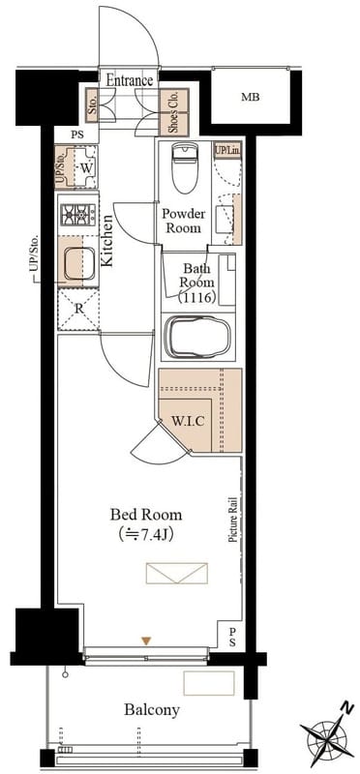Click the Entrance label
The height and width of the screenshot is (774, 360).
130,80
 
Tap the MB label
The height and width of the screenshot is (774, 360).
251,98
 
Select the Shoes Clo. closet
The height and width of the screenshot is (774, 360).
174,112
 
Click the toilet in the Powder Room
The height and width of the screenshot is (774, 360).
185,167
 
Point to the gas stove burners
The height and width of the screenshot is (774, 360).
77,215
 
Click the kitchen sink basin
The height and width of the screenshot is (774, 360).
79,263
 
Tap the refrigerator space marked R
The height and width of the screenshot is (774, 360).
78,310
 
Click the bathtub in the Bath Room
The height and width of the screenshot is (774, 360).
197,337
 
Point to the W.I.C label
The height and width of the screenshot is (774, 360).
188,422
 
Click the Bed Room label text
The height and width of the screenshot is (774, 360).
146,515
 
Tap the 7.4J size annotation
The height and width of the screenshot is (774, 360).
146,534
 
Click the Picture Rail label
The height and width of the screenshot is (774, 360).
232,521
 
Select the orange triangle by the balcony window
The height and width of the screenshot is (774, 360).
146,640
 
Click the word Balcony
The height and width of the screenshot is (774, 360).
152,710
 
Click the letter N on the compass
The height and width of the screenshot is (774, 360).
347,708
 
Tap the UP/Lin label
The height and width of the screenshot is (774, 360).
227,150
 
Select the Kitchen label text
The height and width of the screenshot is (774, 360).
106,241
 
